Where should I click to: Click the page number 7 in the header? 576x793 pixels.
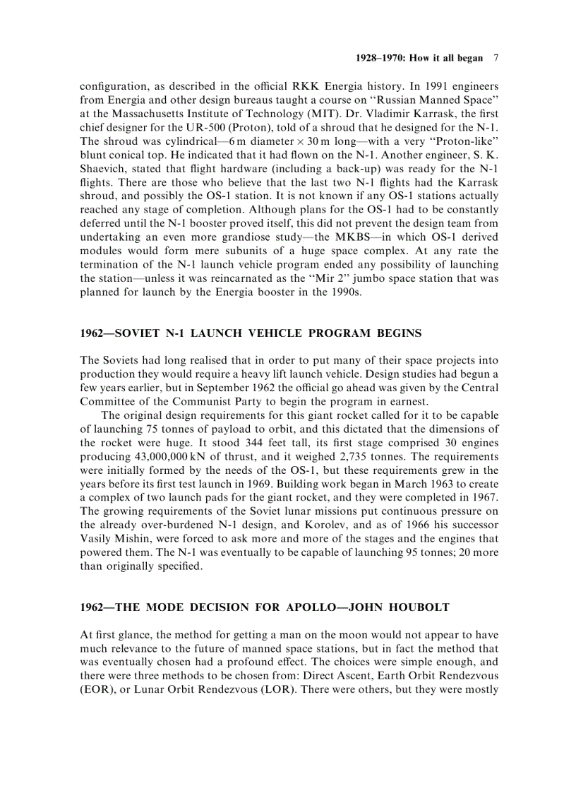pyautogui.click(x=496, y=59)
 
